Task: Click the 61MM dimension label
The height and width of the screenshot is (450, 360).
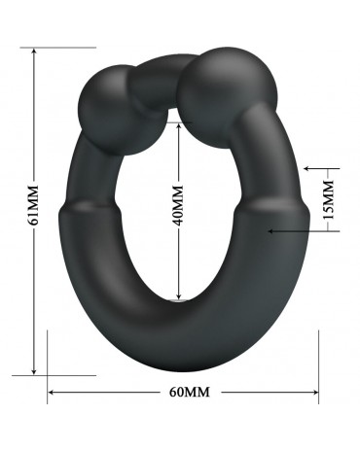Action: click(33, 205)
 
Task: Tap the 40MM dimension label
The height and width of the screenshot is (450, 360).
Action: click(178, 205)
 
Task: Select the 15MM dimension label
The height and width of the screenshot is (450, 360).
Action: click(329, 200)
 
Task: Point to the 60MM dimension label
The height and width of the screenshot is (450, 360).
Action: click(190, 392)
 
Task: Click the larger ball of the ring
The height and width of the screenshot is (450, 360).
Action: click(228, 97)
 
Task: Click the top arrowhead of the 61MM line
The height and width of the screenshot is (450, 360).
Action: click(34, 52)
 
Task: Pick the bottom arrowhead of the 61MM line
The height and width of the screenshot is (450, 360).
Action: click(34, 371)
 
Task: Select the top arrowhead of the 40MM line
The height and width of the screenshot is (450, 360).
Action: click(178, 126)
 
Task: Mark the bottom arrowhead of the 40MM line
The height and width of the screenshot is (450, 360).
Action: click(178, 294)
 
